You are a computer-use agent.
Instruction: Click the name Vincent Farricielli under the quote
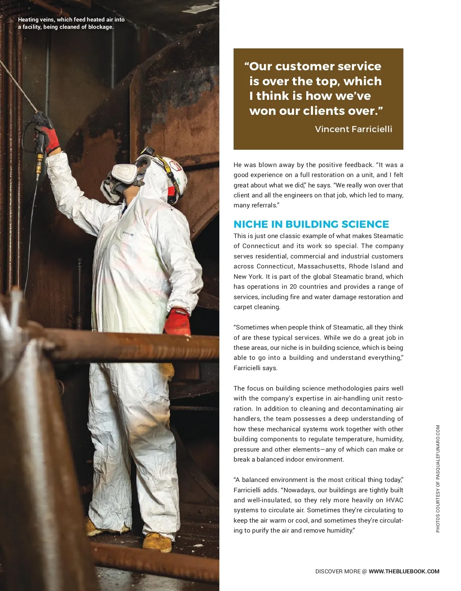(353, 129)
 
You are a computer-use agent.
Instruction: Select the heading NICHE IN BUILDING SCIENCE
(311, 224)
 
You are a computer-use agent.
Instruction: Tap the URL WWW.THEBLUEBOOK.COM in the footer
(404, 571)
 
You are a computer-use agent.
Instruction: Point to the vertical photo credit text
(438, 478)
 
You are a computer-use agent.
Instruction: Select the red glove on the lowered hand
(177, 321)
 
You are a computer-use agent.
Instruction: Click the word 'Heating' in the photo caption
(28, 20)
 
